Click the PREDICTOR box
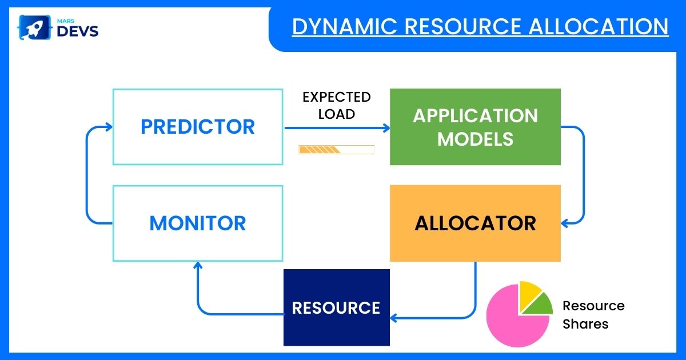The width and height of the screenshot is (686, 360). click(x=198, y=127)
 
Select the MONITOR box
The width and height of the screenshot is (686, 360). click(x=198, y=223)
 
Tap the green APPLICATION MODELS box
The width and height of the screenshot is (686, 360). click(x=475, y=127)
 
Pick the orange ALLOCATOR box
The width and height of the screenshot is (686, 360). click(x=475, y=223)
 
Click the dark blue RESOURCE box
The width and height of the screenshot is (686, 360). click(x=336, y=307)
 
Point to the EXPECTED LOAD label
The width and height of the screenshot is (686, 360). click(x=336, y=105)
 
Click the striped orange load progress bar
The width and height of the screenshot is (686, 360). click(x=320, y=150)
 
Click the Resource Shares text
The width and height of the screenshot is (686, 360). click(x=593, y=315)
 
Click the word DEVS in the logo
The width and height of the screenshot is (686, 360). click(x=78, y=31)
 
